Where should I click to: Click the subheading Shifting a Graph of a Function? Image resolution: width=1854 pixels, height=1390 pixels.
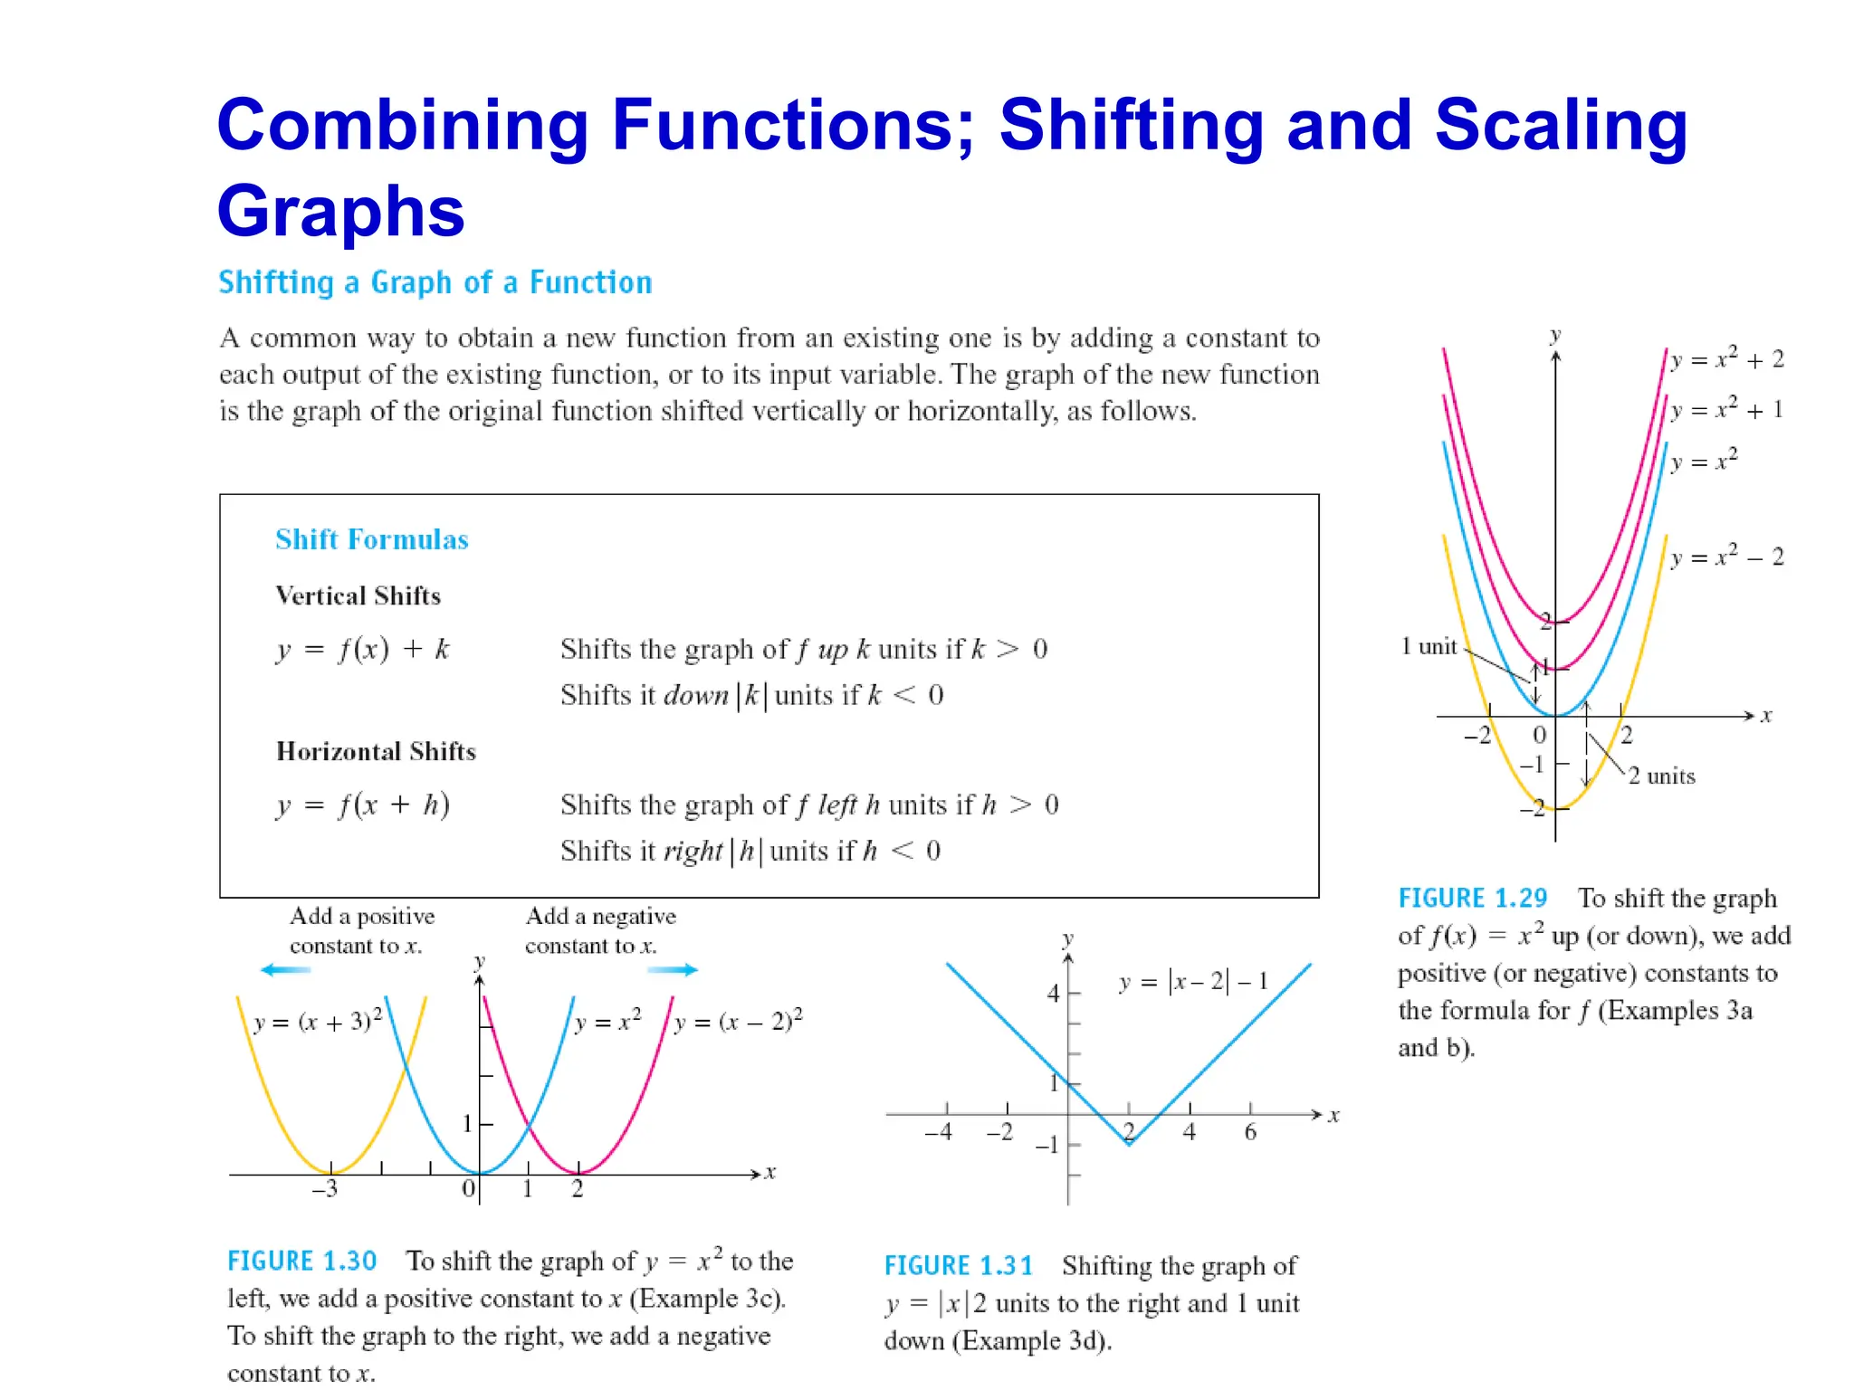tap(435, 282)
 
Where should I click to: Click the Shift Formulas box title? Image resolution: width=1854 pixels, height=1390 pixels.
tap(372, 539)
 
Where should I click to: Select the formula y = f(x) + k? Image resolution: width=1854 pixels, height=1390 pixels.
tap(362, 649)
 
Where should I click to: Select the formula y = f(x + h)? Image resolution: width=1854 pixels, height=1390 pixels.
tap(362, 804)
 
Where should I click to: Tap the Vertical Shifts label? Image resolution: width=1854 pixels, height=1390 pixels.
tap(358, 595)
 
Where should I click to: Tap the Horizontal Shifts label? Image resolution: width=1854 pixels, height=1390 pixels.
tap(376, 751)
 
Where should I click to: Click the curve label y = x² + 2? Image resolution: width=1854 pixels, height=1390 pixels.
tap(1726, 359)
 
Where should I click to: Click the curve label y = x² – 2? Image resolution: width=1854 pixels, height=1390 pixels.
tap(1726, 557)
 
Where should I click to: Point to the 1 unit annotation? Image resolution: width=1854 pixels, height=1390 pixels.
tap(1429, 646)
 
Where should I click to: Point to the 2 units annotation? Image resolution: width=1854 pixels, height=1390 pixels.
tap(1661, 776)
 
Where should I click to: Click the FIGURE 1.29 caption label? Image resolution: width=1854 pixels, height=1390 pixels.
tap(1473, 898)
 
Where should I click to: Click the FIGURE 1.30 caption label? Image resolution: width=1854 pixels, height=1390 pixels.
tap(301, 1261)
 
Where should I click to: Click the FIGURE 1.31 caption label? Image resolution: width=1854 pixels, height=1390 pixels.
tap(958, 1265)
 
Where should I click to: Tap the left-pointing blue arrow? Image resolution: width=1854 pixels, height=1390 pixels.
tap(285, 970)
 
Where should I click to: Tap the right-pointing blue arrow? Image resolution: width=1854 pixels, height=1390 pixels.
tap(674, 970)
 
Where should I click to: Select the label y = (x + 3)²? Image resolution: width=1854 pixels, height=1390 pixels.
tap(318, 1022)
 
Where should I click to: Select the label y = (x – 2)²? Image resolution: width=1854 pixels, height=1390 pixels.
tap(738, 1022)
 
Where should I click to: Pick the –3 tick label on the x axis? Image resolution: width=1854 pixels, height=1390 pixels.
tap(324, 1188)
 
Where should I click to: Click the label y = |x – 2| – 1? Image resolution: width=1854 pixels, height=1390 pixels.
tap(1193, 982)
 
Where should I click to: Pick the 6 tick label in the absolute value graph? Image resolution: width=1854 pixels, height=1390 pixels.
tap(1250, 1132)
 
